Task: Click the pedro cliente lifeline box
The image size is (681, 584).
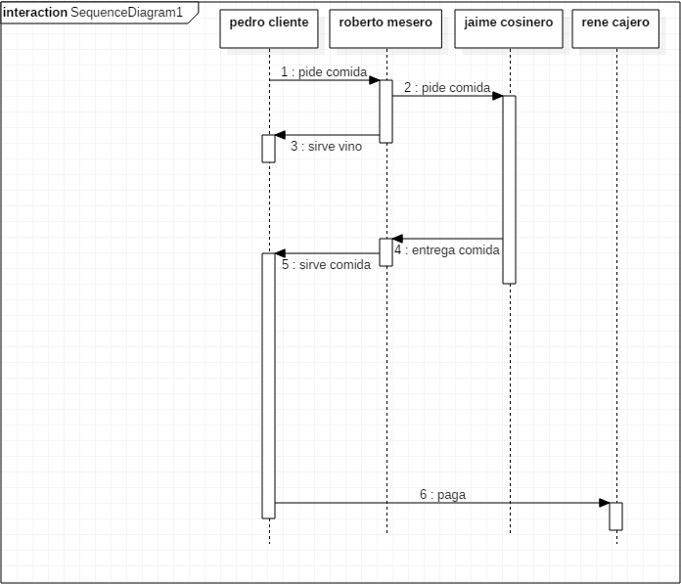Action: coord(269,27)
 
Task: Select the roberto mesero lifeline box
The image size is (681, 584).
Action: coord(386,27)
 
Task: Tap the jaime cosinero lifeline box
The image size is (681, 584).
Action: coord(509,27)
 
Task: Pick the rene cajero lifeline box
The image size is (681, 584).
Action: coord(615,27)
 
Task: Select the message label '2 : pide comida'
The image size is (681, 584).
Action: coord(447,87)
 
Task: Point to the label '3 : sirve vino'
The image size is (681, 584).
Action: coord(326,147)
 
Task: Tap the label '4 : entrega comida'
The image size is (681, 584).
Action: coord(447,249)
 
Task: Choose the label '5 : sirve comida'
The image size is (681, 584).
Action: coord(326,264)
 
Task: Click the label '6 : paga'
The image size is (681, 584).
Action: coord(442,494)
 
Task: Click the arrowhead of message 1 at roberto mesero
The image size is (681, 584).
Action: coord(375,80)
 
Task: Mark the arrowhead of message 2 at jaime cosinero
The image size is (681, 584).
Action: coord(498,96)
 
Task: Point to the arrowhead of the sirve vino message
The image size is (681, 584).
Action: coord(280,135)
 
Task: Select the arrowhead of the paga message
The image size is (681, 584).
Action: coord(605,503)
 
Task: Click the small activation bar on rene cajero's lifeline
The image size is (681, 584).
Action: coord(615,516)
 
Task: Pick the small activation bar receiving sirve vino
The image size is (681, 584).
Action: coord(269,149)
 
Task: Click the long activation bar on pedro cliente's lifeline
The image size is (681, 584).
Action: coord(269,385)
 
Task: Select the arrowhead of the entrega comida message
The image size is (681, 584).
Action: coord(397,239)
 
